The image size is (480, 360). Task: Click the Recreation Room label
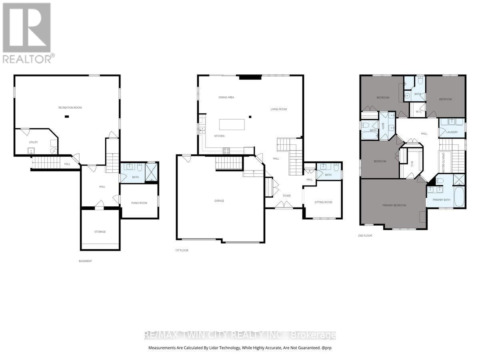[70, 108]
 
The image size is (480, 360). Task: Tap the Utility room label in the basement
[33, 142]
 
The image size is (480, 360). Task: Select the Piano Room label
[139, 203]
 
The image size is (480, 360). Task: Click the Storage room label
[100, 232]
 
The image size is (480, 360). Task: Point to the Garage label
[219, 200]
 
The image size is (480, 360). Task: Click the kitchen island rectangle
[232, 124]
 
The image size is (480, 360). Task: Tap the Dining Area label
[226, 97]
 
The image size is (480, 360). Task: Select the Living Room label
[278, 109]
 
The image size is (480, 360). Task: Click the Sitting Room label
[324, 202]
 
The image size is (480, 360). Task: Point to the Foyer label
[286, 196]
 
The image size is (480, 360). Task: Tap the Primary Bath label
[441, 200]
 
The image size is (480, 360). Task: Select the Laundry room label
[452, 132]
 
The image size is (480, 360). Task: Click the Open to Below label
[442, 161]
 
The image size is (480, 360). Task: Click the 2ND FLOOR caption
[364, 236]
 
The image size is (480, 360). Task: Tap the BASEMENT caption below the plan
[85, 261]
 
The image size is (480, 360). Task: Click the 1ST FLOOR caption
[181, 250]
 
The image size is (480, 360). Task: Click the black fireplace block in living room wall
[244, 78]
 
